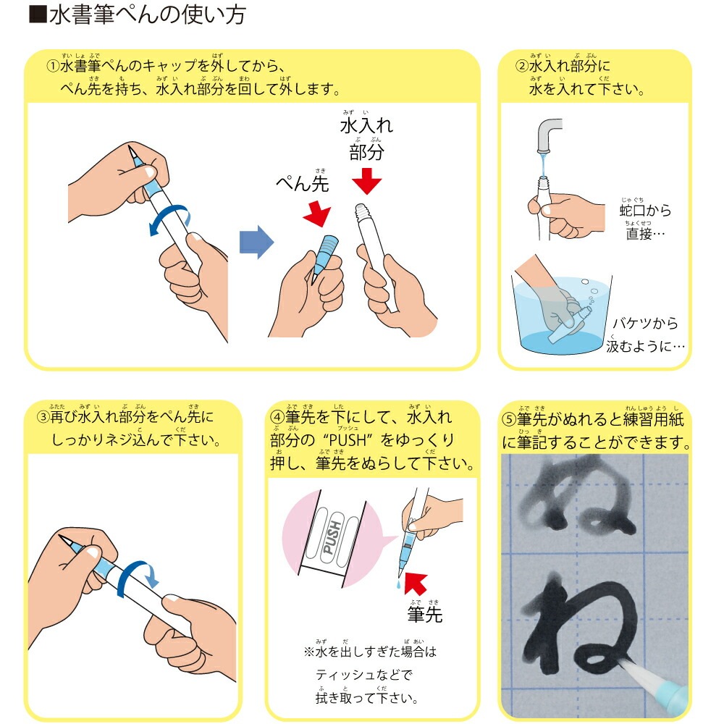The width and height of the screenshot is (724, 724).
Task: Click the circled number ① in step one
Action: coord(53,67)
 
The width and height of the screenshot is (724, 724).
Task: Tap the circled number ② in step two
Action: coord(521,67)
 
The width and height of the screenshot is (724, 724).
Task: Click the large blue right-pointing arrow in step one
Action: coord(256,241)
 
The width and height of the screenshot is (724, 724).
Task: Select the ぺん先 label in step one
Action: coord(302,184)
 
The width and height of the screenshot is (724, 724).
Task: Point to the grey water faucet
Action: coord(549,135)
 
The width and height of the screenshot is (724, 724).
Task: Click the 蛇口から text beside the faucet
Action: coord(645,211)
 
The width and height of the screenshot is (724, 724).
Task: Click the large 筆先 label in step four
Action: coord(424,615)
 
